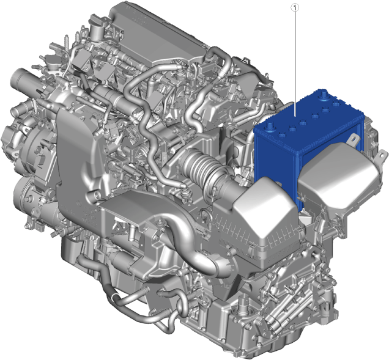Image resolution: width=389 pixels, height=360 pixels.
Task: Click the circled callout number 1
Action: (295, 8)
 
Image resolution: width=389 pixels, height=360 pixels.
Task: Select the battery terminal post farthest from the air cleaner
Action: (323, 95)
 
